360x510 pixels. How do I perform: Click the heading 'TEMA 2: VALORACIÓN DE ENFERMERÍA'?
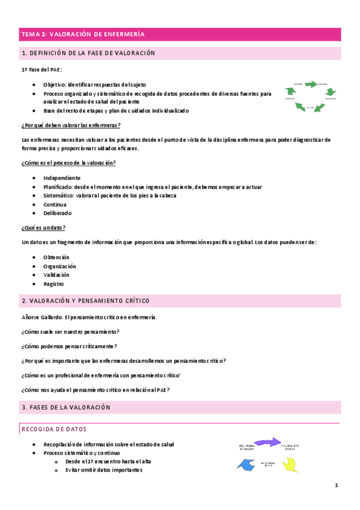[83, 34]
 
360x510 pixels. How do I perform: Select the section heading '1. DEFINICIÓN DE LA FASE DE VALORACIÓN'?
[88, 54]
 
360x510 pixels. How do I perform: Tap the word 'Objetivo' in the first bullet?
[55, 85]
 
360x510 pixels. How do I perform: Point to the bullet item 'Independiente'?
[61, 178]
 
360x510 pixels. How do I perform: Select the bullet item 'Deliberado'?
[57, 213]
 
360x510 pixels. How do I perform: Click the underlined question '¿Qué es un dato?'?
[43, 227]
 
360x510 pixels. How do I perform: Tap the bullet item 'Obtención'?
[56, 257]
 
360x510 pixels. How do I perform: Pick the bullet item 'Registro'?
[53, 284]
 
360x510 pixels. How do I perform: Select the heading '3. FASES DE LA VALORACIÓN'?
[66, 407]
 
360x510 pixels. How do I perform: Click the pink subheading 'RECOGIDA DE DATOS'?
[54, 429]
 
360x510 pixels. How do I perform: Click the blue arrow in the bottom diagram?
[245, 464]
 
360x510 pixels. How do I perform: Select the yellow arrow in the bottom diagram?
[290, 464]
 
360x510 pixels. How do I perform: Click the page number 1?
[337, 485]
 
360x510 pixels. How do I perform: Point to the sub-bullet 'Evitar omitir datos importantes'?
[103, 470]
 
